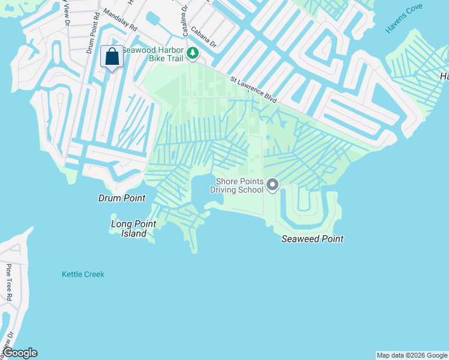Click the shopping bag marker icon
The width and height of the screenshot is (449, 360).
(112, 58)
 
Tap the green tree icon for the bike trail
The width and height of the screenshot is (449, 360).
(193, 54)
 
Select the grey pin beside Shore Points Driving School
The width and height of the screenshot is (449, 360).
(273, 185)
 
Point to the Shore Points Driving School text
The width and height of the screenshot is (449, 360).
(237, 185)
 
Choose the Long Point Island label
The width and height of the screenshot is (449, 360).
(133, 229)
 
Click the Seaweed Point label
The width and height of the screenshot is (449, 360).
(312, 239)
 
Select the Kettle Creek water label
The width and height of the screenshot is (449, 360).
(83, 274)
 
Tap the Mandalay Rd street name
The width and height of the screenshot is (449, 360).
(120, 20)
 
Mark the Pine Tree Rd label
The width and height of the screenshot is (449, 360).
(9, 282)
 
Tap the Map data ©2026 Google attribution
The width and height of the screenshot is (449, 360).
(412, 355)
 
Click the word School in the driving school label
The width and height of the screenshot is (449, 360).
(251, 190)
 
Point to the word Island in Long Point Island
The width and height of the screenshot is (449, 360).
(133, 233)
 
